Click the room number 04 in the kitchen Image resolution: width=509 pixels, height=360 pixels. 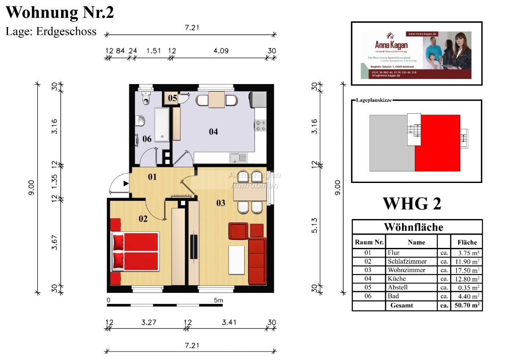point(213,132)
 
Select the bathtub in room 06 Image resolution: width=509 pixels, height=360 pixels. point(162,124)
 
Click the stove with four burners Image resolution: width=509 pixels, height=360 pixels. point(260,125)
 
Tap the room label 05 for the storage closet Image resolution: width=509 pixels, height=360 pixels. point(172,98)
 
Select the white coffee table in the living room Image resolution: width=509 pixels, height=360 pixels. point(236,260)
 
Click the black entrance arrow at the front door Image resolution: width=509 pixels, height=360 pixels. point(126,183)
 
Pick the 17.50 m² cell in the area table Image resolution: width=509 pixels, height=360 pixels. point(466,270)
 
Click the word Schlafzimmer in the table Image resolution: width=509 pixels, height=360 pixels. point(407,262)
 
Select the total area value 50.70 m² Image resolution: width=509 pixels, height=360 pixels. point(466,305)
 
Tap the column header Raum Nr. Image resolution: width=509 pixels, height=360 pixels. point(369,242)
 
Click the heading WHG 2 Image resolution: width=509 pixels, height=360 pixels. point(412,203)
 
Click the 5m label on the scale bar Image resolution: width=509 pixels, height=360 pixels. point(218,301)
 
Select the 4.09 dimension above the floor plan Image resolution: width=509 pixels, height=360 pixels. point(221,51)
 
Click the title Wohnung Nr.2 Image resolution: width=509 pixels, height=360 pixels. point(60,12)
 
